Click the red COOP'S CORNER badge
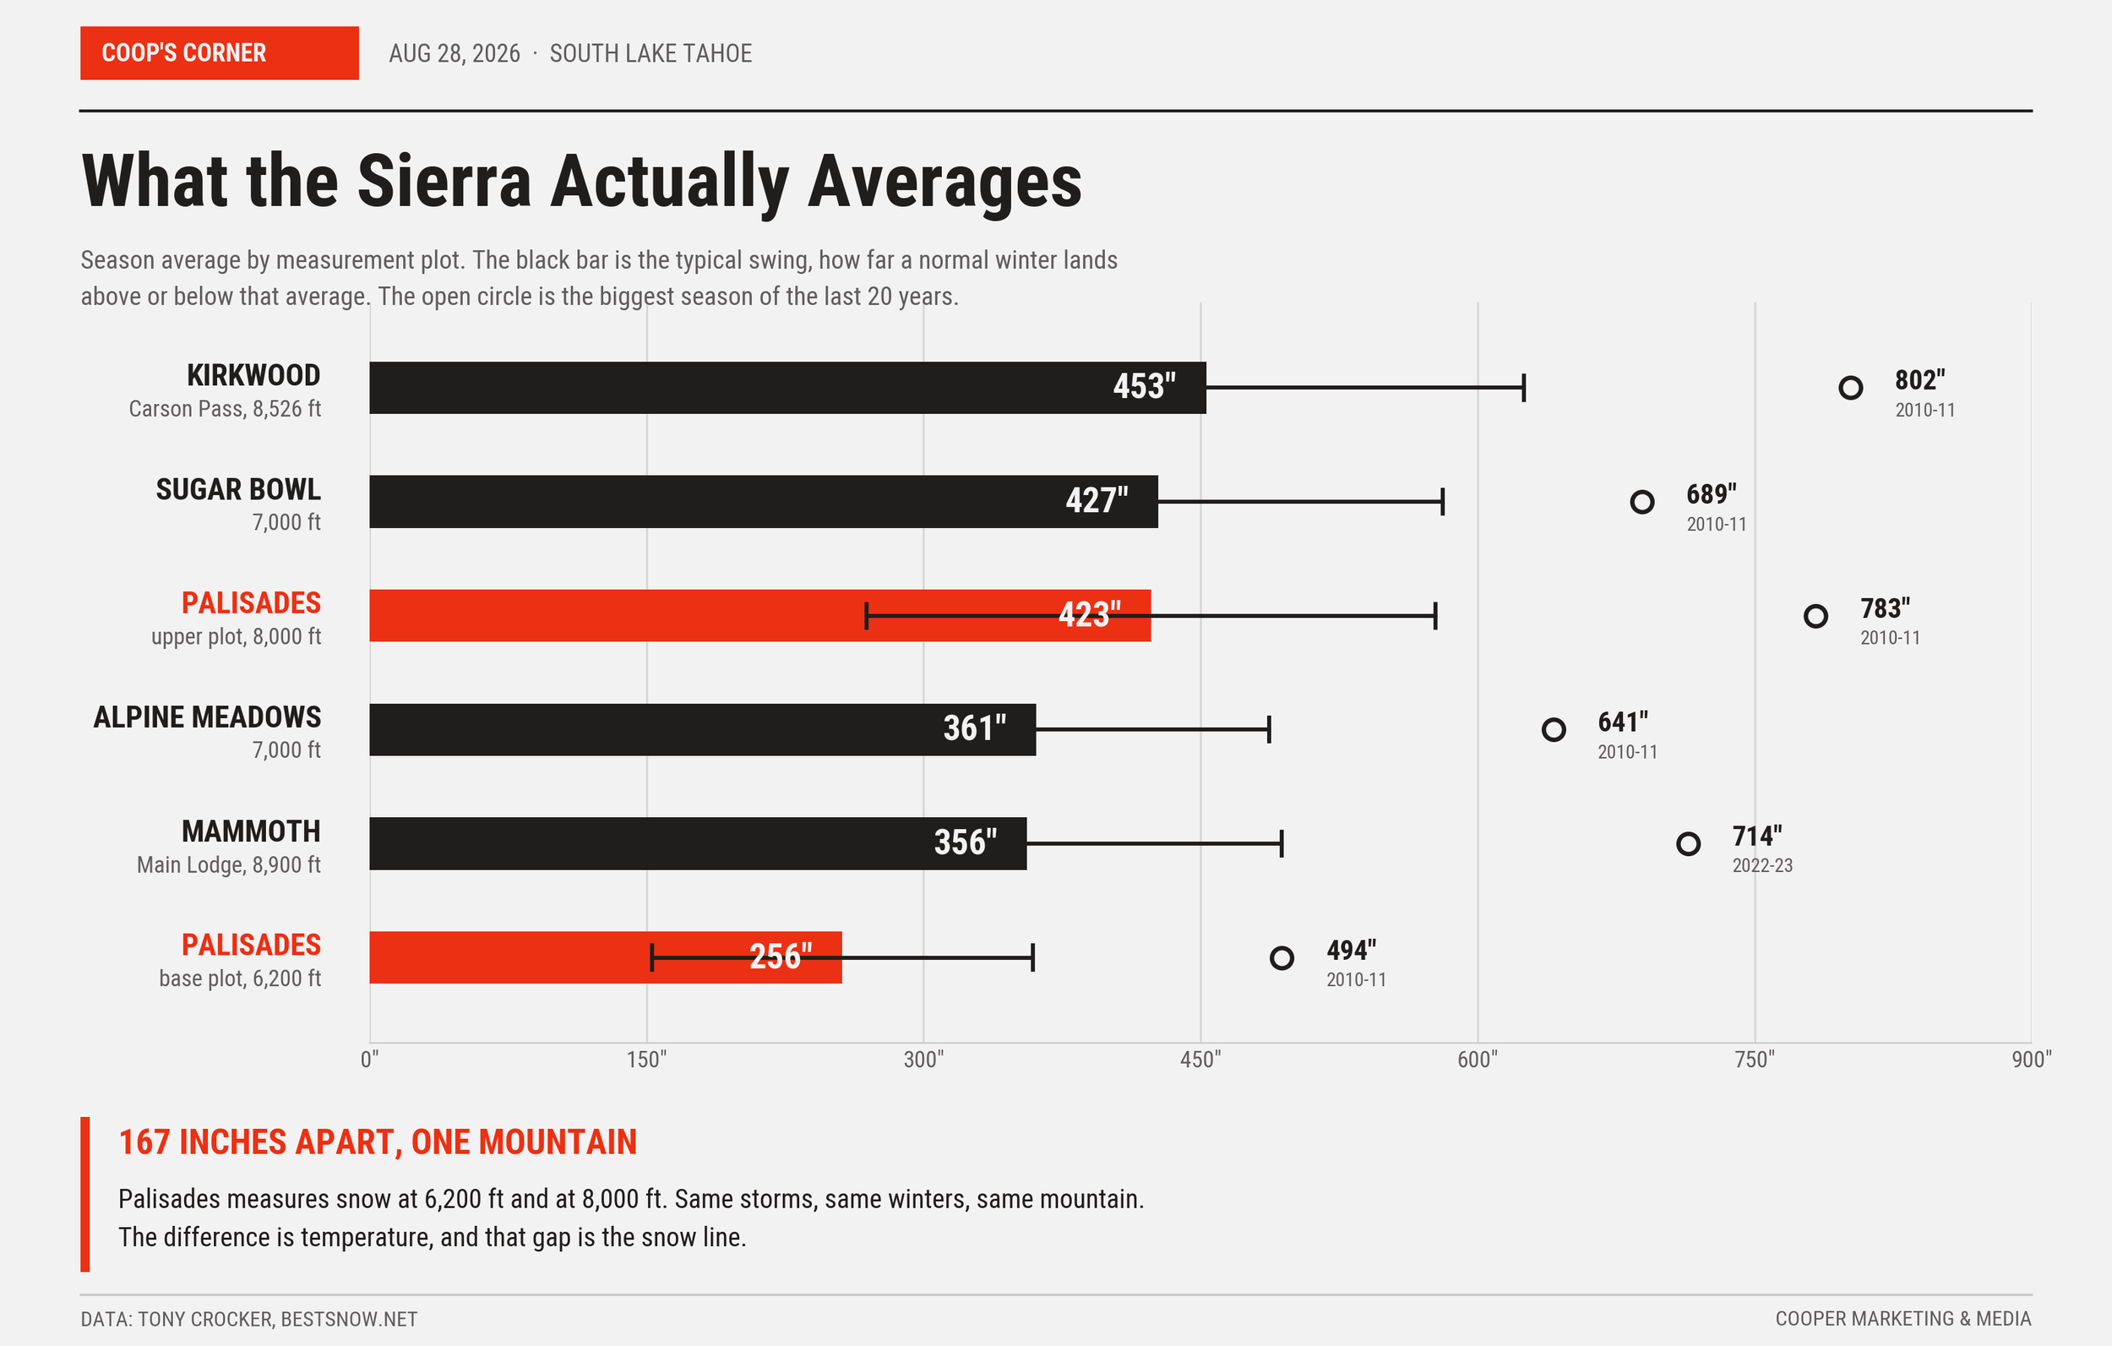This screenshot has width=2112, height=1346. (x=220, y=52)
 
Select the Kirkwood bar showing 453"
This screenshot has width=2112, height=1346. (x=787, y=387)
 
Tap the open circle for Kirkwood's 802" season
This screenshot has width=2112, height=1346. (x=1851, y=387)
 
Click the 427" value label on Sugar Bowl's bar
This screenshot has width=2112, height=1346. (x=1097, y=500)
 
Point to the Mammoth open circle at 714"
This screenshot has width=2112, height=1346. (x=1689, y=843)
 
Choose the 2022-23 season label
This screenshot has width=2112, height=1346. (x=1762, y=865)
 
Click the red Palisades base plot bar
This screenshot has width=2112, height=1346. (x=605, y=957)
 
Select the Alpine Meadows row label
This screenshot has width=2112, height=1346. (x=207, y=717)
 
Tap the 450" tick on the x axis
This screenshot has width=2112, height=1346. (x=1200, y=1059)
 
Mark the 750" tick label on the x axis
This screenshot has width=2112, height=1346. (x=1754, y=1059)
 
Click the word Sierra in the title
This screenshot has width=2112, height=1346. (x=444, y=181)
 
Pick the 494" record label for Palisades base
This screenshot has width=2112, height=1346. (x=1351, y=950)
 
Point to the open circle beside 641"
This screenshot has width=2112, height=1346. (x=1554, y=729)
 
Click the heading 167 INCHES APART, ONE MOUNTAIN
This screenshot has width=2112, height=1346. (x=377, y=1142)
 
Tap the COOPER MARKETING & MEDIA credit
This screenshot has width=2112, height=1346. (x=1903, y=1318)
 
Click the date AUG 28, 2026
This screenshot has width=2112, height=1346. (x=455, y=53)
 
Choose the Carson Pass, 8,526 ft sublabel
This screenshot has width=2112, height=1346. (x=225, y=409)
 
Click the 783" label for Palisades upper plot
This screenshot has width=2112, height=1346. (x=1885, y=608)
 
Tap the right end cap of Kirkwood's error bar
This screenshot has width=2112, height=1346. (x=1523, y=387)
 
